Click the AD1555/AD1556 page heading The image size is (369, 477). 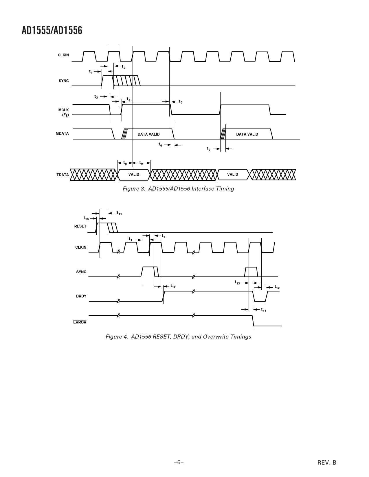(x=52, y=30)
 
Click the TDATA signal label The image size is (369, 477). (x=63, y=175)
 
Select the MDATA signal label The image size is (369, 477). (x=62, y=134)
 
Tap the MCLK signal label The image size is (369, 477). (x=63, y=110)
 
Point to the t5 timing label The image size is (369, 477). (x=181, y=101)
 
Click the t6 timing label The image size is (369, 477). (x=160, y=145)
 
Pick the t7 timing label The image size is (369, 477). (x=209, y=149)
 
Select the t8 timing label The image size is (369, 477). (x=125, y=163)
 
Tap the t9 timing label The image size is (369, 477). (x=141, y=163)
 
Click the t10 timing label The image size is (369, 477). (x=86, y=218)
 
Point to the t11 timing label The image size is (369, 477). (x=119, y=213)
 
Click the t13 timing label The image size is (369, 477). (x=237, y=282)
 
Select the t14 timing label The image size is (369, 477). (x=264, y=310)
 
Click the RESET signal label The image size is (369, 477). (x=80, y=226)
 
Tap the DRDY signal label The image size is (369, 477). (x=81, y=296)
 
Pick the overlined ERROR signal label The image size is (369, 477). (x=80, y=322)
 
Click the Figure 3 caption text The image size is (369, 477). (x=178, y=189)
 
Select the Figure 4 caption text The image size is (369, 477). (x=178, y=337)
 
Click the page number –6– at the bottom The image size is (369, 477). (x=179, y=463)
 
